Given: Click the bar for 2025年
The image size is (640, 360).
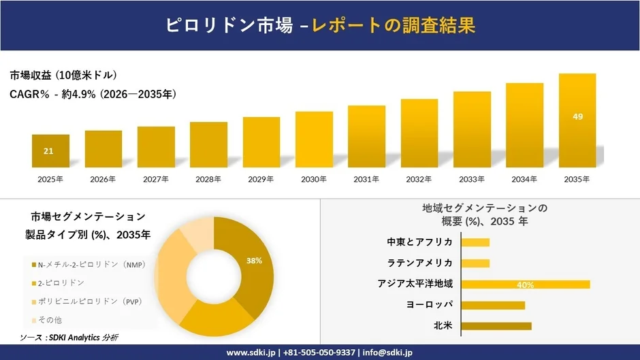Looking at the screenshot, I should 50,151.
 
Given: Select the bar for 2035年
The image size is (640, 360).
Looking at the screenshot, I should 577,120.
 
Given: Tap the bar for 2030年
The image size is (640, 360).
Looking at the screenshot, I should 314,140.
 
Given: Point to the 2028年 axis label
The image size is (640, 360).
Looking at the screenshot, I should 208,180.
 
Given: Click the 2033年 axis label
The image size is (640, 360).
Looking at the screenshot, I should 472,180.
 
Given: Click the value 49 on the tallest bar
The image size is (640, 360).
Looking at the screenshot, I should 577,117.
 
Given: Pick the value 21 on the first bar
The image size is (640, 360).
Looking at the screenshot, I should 48,151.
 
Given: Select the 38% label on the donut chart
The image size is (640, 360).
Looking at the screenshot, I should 254,261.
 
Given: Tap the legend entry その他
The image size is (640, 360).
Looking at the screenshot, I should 50,320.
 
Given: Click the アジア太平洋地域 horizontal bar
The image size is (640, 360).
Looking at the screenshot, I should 525,284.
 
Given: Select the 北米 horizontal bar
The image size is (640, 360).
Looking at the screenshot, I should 496,326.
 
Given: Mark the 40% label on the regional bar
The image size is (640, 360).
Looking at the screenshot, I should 525,284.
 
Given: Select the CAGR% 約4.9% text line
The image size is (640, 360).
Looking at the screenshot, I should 93,95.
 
